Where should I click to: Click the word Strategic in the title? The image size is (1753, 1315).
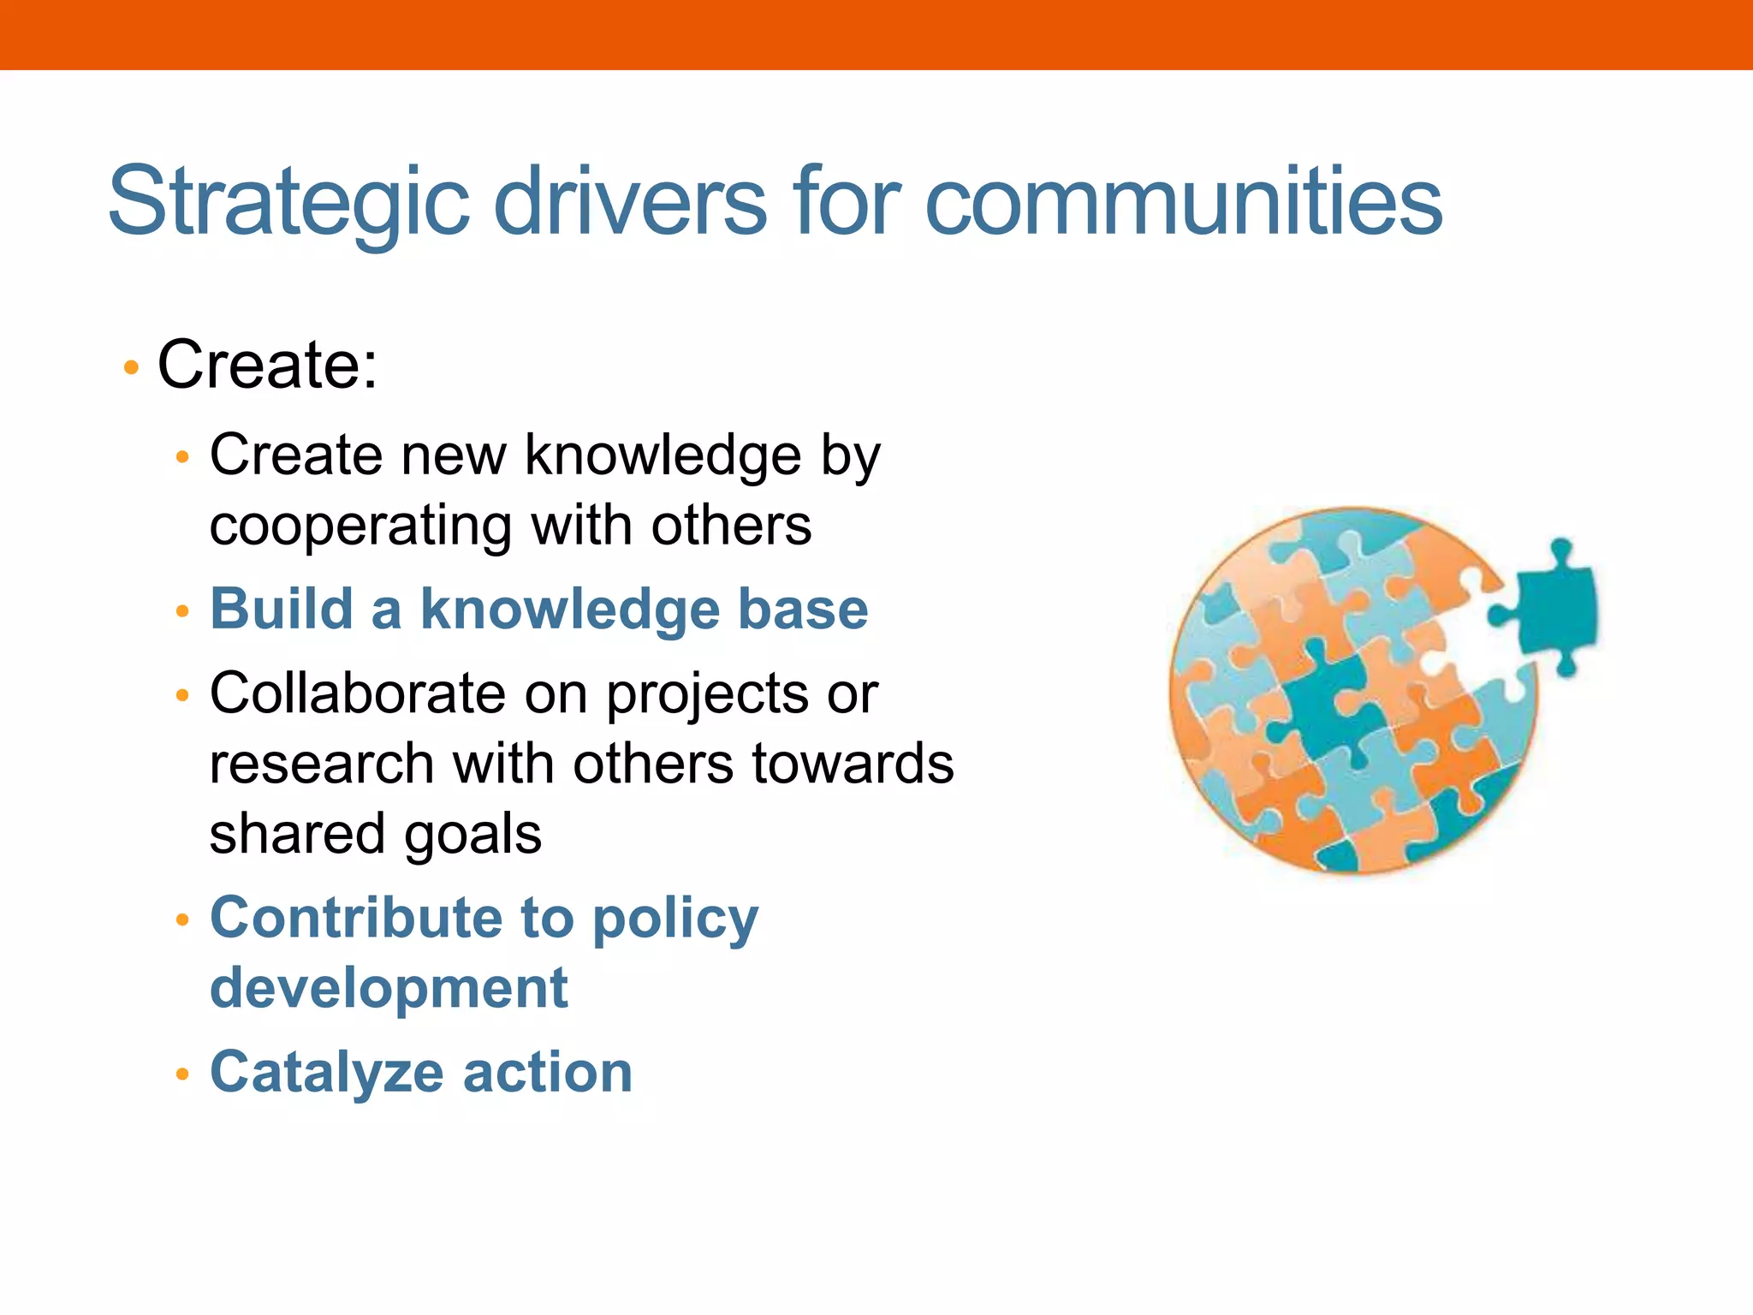(288, 203)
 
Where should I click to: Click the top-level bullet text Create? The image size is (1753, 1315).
(267, 366)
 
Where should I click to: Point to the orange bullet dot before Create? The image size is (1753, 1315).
(131, 368)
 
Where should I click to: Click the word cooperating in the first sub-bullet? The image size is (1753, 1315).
(360, 526)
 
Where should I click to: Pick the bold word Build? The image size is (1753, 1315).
(282, 610)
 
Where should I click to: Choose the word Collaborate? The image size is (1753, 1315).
(357, 693)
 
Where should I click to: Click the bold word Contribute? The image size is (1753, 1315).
(356, 918)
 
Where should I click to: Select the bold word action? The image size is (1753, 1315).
(548, 1073)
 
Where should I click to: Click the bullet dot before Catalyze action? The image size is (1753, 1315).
(181, 1074)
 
